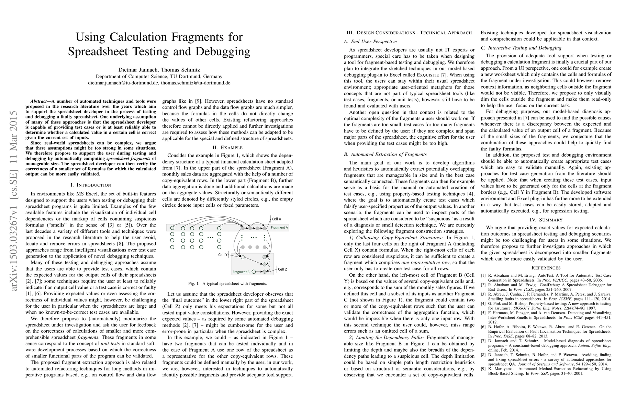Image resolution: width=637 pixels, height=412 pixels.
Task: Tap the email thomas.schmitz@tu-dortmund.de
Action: point(195,83)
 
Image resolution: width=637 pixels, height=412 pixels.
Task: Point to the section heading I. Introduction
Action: point(91,185)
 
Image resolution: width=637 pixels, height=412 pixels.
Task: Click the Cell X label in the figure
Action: point(276,219)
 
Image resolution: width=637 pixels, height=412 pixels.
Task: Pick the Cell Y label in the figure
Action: point(223,255)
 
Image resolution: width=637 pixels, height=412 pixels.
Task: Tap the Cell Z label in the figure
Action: point(282,269)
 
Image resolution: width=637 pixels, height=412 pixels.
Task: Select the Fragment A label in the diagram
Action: point(279,227)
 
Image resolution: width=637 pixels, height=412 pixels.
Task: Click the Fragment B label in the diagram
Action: point(241,272)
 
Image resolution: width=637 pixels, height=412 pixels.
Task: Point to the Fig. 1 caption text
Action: point(227,284)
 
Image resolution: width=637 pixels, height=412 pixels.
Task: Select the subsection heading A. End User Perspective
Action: point(370,42)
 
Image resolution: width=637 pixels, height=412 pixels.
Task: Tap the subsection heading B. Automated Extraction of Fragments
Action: point(385,154)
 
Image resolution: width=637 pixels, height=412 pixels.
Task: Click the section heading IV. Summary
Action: point(546,220)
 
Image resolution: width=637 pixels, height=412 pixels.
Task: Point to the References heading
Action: point(546,268)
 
